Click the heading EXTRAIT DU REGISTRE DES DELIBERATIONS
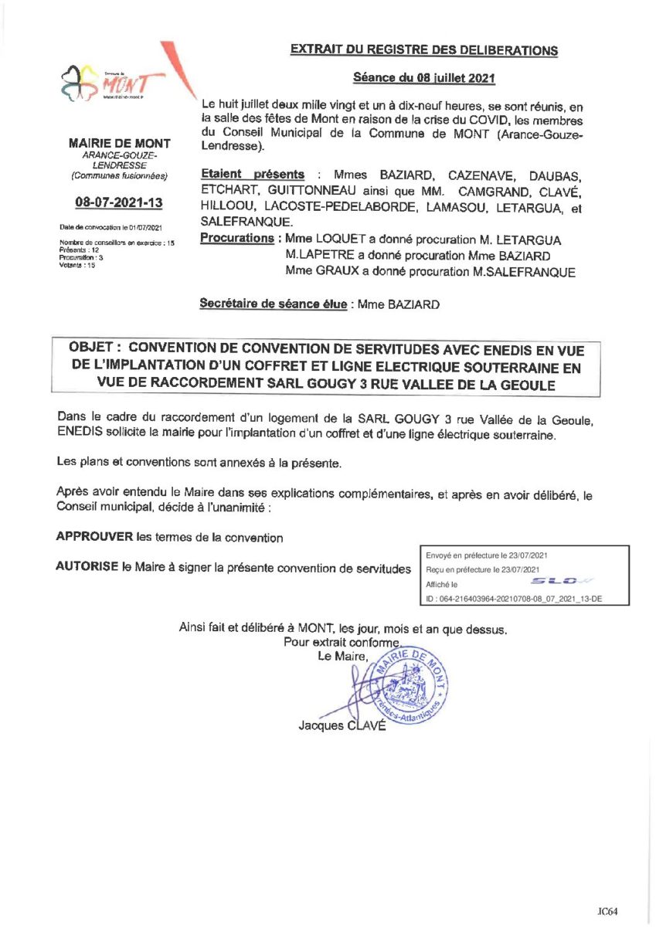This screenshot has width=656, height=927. point(423,51)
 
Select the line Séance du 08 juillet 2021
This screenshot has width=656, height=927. point(423,78)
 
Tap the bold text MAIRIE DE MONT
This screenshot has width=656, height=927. point(120,144)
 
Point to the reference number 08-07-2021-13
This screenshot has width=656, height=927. point(119,202)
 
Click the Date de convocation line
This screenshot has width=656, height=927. point(110,228)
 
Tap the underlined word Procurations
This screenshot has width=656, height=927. point(236,238)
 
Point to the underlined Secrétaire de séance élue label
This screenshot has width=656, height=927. point(274,304)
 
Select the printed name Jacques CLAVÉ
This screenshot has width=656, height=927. point(341,726)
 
